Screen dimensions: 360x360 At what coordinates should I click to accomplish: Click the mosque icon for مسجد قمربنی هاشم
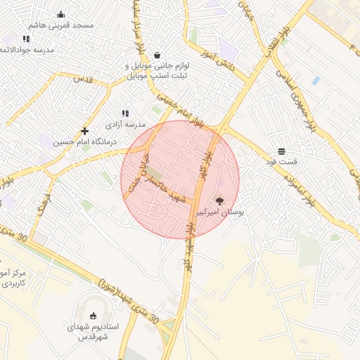60,14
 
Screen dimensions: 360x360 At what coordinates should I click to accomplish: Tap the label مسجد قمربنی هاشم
61,25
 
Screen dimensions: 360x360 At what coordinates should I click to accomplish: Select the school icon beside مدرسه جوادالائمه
26,39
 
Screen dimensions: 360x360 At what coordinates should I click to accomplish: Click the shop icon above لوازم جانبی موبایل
156,56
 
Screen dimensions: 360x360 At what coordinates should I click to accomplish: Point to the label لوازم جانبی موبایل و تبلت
157,71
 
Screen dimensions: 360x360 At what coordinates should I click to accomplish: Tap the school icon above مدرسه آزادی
125,113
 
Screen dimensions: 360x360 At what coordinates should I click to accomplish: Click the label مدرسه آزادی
124,124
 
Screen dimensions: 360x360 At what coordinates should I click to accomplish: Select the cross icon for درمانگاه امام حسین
84,131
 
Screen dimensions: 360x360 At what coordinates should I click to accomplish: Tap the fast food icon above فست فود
281,152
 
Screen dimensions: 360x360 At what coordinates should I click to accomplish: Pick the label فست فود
281,162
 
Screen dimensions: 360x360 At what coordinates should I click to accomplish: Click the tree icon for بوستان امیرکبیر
219,201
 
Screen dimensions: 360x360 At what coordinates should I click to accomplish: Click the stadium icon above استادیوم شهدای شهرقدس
94,316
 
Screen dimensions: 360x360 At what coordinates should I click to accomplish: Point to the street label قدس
84,79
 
